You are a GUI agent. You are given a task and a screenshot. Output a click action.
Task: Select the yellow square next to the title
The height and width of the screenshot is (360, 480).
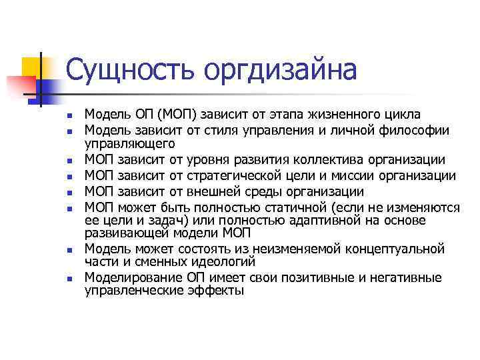click(32, 66)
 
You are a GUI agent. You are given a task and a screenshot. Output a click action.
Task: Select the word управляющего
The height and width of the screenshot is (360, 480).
click(130, 143)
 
